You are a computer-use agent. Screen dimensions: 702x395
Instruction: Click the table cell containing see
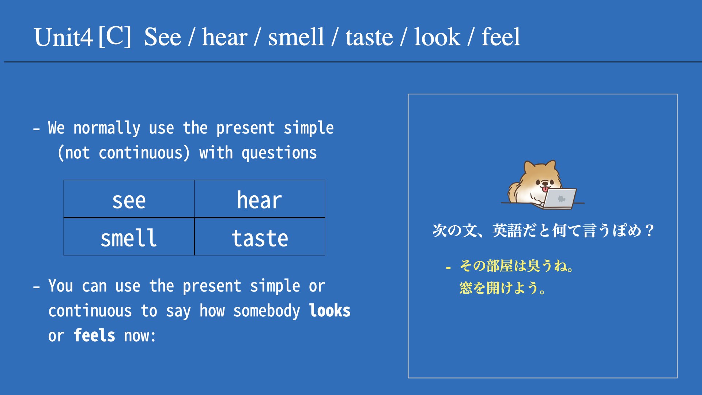click(x=129, y=199)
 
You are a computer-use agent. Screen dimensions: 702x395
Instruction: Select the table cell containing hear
click(x=260, y=199)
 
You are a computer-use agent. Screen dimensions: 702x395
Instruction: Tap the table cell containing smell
click(x=129, y=237)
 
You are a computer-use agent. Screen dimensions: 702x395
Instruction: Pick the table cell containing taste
click(x=260, y=237)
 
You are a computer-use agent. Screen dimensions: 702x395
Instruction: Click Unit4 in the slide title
click(x=63, y=37)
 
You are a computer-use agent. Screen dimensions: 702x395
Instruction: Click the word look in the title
click(x=437, y=37)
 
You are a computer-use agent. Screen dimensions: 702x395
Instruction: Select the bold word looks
click(x=330, y=311)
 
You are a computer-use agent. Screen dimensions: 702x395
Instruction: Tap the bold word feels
click(x=94, y=335)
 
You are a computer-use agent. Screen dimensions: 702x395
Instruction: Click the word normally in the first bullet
click(x=107, y=128)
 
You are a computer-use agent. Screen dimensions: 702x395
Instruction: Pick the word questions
click(x=279, y=153)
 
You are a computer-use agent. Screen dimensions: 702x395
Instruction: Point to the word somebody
click(x=267, y=311)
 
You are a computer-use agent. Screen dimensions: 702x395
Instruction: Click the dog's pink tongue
click(x=545, y=189)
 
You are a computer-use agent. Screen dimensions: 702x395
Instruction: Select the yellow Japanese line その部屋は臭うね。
click(x=517, y=266)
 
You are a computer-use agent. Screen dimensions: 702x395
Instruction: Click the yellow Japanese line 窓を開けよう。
click(x=503, y=288)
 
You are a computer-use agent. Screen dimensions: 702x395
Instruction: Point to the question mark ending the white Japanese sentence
click(x=649, y=231)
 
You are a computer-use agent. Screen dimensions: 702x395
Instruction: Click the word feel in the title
click(x=501, y=37)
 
